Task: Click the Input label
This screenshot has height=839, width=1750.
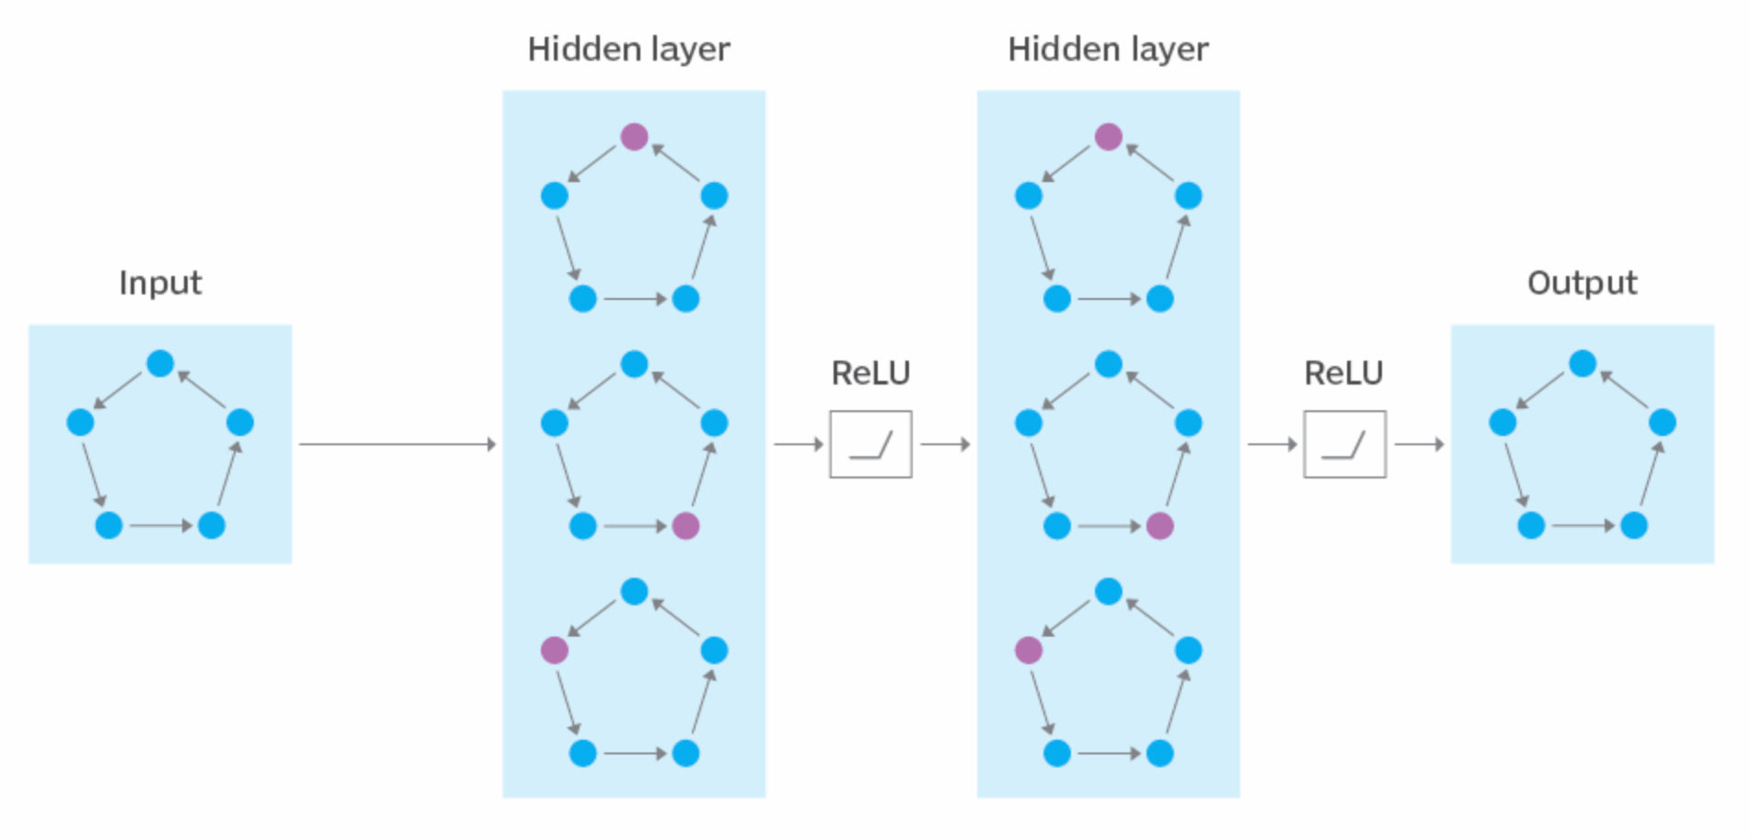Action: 160,283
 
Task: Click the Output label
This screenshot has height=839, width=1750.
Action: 1583,282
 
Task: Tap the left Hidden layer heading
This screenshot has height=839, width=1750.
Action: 629,50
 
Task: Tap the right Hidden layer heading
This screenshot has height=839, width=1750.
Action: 1109,50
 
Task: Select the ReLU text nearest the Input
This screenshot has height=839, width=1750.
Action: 870,373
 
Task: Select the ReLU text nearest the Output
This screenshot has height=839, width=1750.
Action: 1344,373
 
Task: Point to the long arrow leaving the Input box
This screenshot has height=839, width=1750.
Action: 397,444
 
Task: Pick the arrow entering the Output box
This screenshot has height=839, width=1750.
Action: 1420,444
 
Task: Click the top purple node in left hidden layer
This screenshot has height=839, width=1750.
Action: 634,137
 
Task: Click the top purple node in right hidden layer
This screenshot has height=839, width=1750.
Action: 1109,137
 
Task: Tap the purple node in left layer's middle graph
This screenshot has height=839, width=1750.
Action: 685,526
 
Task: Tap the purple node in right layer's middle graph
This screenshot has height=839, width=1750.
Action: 1160,526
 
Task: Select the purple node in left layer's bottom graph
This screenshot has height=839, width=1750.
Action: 554,650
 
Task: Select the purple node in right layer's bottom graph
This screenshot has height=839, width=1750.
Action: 1029,650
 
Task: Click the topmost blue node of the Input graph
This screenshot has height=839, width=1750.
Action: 160,363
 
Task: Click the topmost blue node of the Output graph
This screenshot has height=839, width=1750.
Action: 1583,363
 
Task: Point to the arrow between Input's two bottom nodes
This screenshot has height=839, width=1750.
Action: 161,526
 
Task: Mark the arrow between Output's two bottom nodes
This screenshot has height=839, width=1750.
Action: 1583,526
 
